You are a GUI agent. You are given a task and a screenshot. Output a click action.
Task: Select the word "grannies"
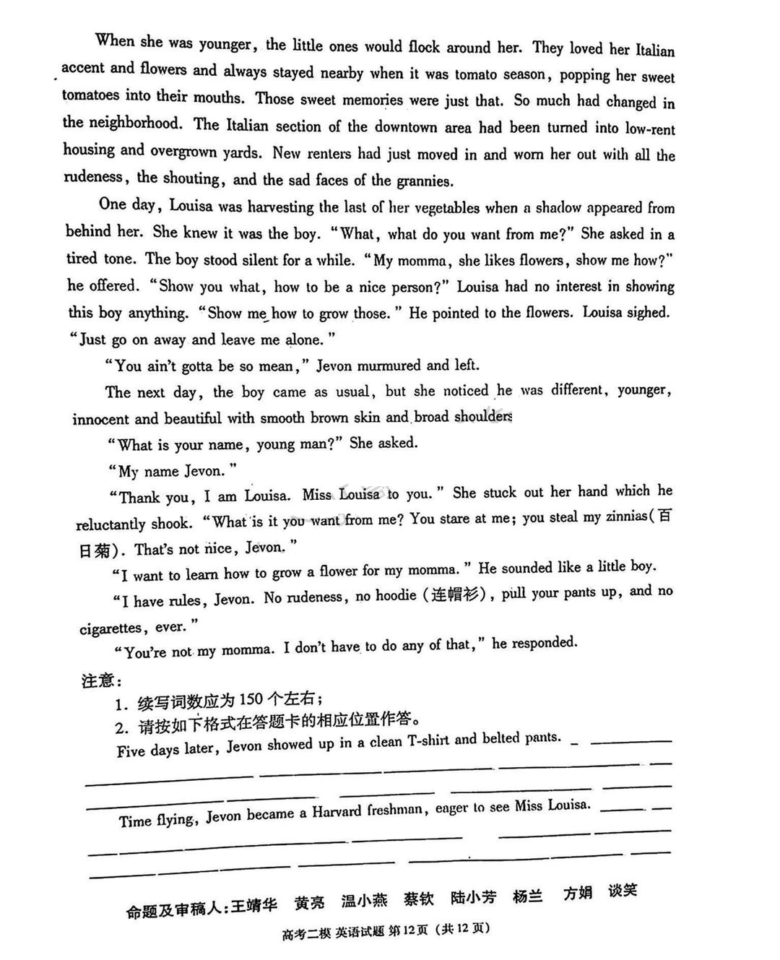click(423, 181)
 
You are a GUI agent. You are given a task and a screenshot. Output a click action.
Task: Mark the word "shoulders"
click(482, 417)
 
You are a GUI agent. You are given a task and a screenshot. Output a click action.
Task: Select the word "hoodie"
click(396, 596)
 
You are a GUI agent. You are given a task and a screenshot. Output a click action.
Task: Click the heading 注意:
click(100, 680)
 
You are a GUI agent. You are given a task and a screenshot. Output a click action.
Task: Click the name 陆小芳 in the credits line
click(473, 898)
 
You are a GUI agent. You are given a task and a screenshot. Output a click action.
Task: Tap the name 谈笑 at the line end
click(622, 891)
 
